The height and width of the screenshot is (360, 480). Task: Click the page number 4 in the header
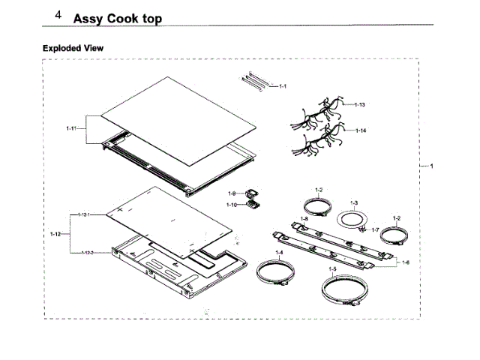point(58,15)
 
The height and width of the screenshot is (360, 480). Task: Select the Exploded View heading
point(73,48)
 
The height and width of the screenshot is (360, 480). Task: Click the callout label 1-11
point(71,128)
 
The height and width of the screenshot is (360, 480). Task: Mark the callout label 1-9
point(232,193)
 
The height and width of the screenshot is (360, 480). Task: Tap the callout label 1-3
point(355,202)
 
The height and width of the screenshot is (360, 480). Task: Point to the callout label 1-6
point(406,262)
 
